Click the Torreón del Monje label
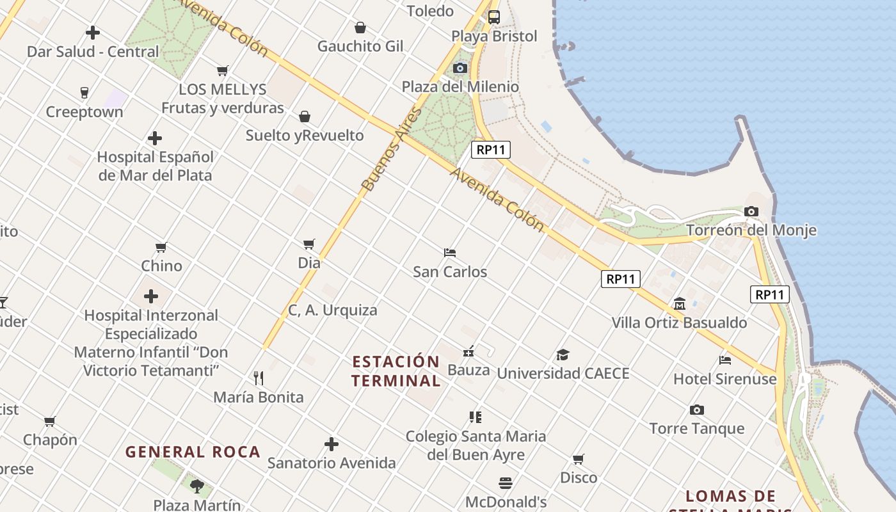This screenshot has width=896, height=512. point(751,230)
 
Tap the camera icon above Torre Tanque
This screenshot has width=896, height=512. point(696,410)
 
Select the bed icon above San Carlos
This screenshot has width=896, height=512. point(450,253)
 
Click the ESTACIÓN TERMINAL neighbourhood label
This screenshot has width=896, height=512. point(396,371)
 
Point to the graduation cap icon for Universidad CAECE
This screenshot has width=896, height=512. point(563,355)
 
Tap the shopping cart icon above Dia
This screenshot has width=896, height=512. point(309,244)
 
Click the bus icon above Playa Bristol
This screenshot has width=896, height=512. point(494,17)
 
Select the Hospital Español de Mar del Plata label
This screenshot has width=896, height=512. point(155,166)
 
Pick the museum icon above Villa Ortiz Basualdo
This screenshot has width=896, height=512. point(680,303)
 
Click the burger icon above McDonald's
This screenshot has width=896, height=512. point(506,483)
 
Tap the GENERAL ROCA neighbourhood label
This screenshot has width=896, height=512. point(193,452)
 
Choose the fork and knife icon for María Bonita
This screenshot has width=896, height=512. point(259,378)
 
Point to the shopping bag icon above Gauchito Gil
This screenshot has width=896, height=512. point(360,28)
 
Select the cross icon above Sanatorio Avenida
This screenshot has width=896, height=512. point(332,444)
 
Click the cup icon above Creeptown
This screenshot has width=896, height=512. point(84,93)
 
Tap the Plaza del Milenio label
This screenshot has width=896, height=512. point(460,86)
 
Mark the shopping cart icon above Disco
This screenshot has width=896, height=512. point(579,459)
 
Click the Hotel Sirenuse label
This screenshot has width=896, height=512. point(725,379)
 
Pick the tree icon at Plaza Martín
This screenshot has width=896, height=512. point(197,486)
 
